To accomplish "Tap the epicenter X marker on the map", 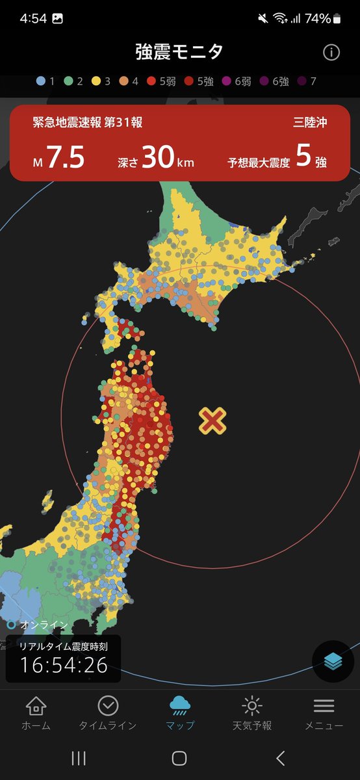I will [212, 421].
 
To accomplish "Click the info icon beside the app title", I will [331, 53].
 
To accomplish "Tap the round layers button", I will [333, 661].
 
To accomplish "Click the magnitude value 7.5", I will [65, 159].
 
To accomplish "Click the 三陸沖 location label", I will [310, 122].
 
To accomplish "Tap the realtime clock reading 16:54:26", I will [63, 665].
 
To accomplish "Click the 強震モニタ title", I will [179, 52].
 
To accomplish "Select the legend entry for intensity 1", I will [45, 82].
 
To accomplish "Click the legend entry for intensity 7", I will [308, 82].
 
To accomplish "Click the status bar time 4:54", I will [33, 18].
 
